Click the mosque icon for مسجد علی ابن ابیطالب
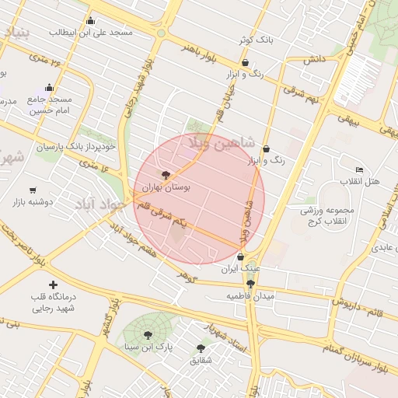(90, 21)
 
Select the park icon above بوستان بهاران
(165, 175)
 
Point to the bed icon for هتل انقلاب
(358, 169)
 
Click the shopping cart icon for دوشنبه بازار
(33, 190)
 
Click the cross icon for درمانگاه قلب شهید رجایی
(53, 286)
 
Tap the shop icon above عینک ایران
(240, 257)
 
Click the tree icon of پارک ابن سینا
(148, 335)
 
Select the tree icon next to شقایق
(201, 349)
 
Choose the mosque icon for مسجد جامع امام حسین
(50, 88)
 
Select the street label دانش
(313, 59)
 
